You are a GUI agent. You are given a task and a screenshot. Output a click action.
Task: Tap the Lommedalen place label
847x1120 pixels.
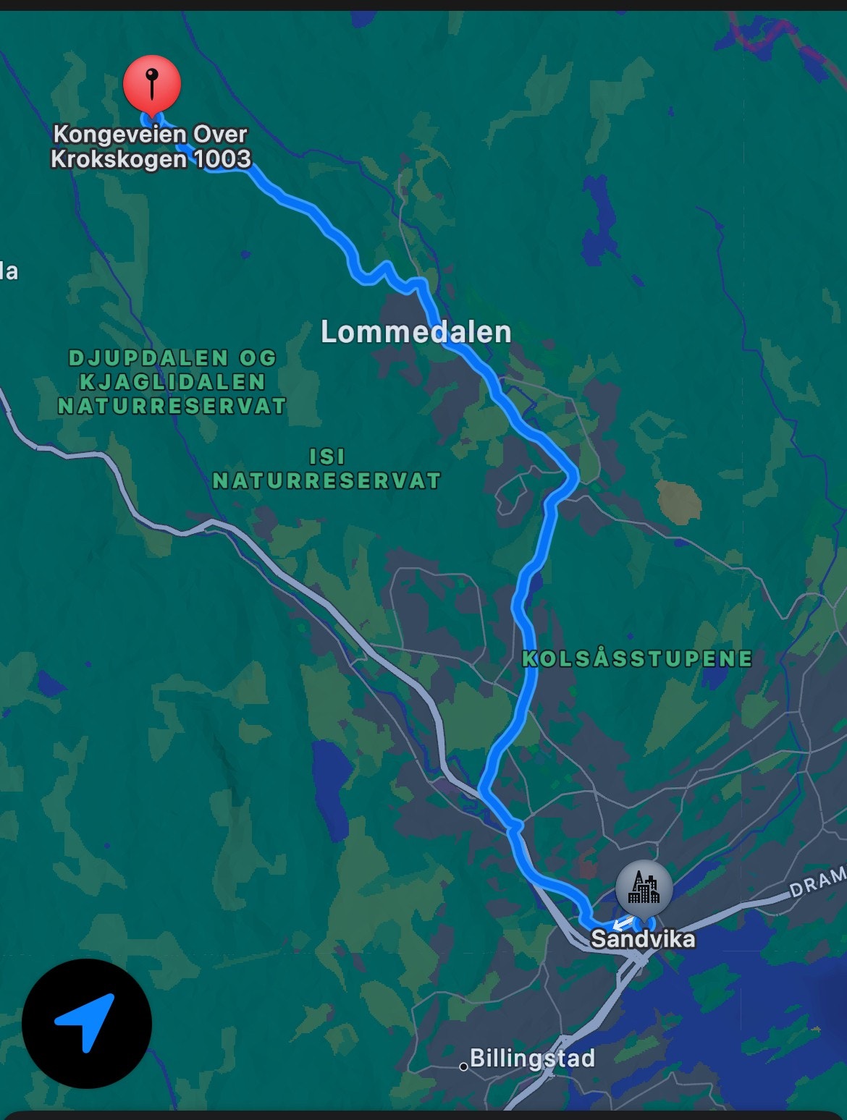(416, 332)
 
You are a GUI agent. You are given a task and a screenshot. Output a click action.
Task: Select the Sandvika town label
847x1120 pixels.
(643, 939)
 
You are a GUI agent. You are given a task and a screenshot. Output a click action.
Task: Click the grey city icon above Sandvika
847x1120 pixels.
(644, 888)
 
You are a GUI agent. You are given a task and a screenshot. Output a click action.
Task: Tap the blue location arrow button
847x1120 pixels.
(86, 1023)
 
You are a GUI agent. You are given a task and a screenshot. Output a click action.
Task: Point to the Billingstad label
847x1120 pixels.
(532, 1059)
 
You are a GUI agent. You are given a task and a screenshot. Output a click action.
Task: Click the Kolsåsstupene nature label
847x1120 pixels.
(637, 658)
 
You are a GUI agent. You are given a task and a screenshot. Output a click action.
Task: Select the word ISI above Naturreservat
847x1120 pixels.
(327, 457)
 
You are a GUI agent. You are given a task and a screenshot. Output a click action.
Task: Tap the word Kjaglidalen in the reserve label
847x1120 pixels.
(172, 381)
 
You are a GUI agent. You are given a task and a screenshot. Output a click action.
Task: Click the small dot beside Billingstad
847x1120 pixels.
(463, 1066)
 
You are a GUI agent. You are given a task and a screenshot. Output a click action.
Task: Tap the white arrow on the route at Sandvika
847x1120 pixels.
(623, 923)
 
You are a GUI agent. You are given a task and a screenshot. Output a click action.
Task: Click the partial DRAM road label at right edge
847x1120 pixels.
(817, 882)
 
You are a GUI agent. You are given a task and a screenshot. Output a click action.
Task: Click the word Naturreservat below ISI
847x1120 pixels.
(326, 480)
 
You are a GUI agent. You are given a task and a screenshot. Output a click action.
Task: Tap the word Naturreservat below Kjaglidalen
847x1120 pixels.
(172, 406)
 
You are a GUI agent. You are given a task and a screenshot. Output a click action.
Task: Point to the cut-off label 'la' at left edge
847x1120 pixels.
(9, 271)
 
